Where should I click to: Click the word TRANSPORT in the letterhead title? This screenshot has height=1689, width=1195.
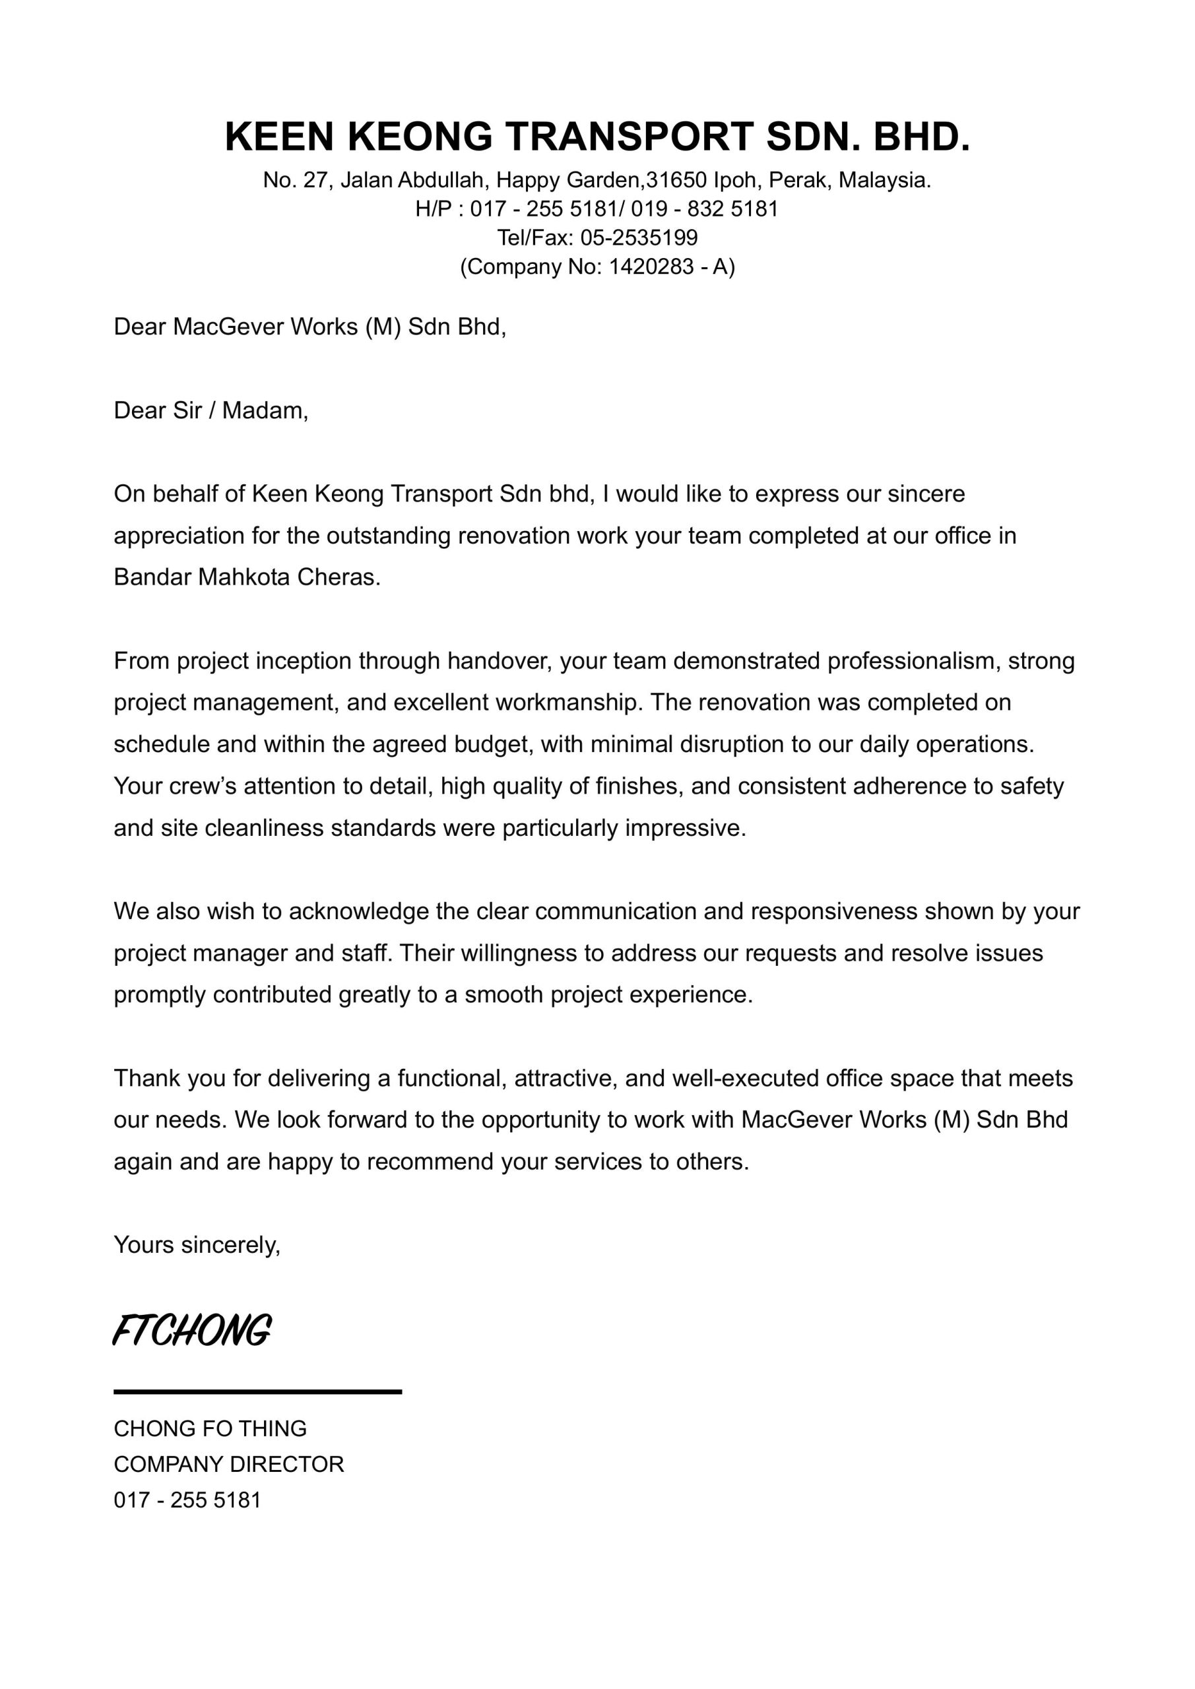click(628, 137)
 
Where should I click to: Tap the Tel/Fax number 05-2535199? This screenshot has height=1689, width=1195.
click(639, 238)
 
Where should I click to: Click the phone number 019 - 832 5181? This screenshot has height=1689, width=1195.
click(704, 209)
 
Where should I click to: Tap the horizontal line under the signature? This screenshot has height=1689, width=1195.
click(257, 1392)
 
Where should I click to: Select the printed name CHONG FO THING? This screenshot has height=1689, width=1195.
click(210, 1428)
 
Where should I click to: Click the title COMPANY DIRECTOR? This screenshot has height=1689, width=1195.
click(229, 1465)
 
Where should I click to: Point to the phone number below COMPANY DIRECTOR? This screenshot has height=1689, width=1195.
click(187, 1501)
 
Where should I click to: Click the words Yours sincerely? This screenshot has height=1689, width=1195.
click(197, 1245)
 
